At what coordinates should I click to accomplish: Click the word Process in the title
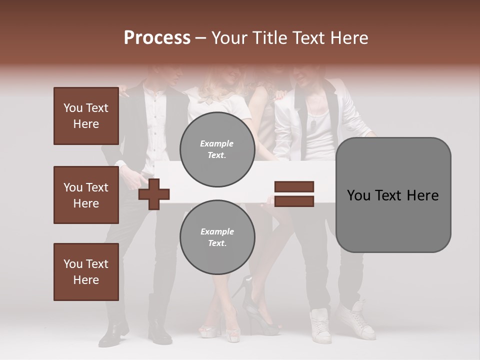[157, 38]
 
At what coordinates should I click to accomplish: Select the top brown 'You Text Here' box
[86, 116]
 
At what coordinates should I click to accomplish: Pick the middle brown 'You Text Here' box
[86, 195]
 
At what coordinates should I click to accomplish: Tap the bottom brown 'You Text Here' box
[86, 272]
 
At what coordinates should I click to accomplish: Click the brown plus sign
[154, 194]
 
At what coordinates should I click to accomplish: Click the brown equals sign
[294, 194]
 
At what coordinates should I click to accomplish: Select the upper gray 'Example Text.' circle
[217, 149]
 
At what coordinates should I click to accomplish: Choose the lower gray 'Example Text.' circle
[217, 237]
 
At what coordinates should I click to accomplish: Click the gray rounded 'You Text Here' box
[393, 195]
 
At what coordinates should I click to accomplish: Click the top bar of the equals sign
[294, 187]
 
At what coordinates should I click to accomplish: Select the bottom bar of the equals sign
[294, 201]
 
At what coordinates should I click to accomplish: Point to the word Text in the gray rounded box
[392, 195]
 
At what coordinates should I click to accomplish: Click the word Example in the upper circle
[217, 144]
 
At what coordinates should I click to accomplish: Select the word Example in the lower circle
[217, 232]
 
